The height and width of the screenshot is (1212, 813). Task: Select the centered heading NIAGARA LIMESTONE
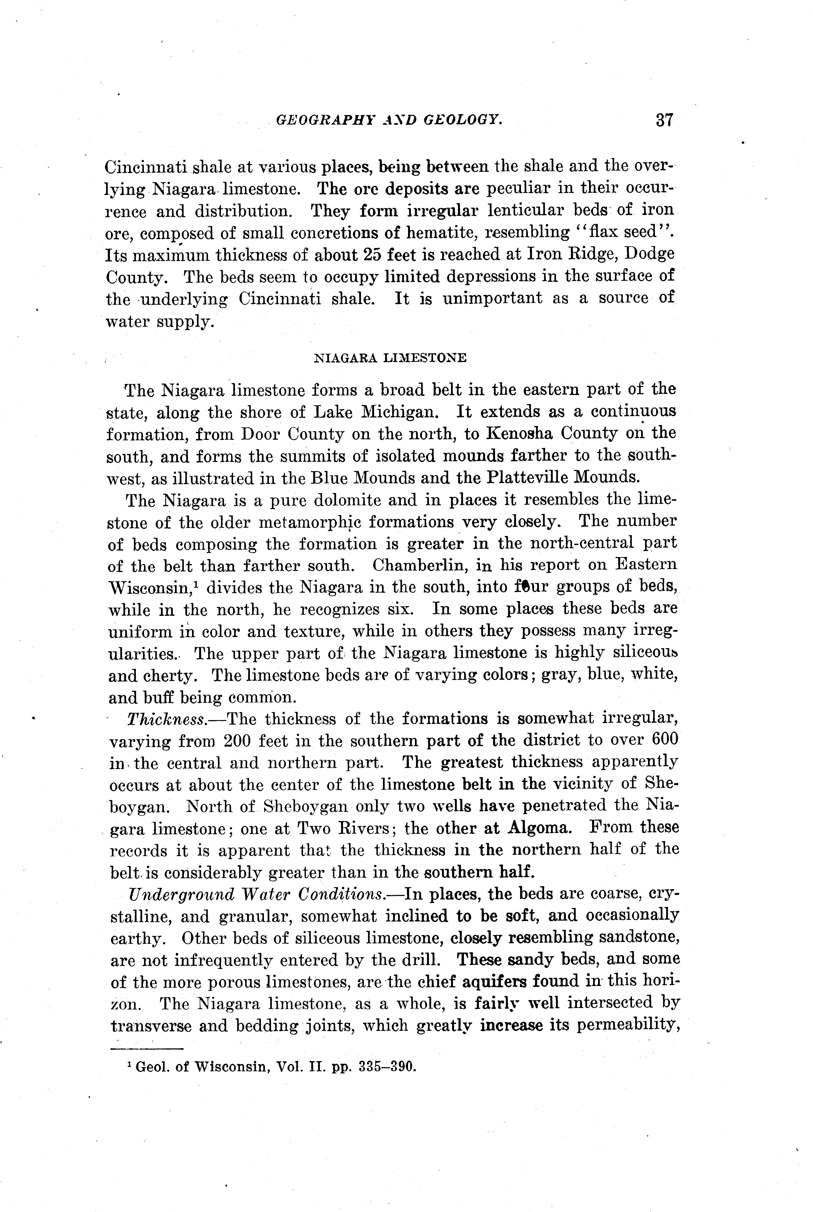(x=391, y=358)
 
